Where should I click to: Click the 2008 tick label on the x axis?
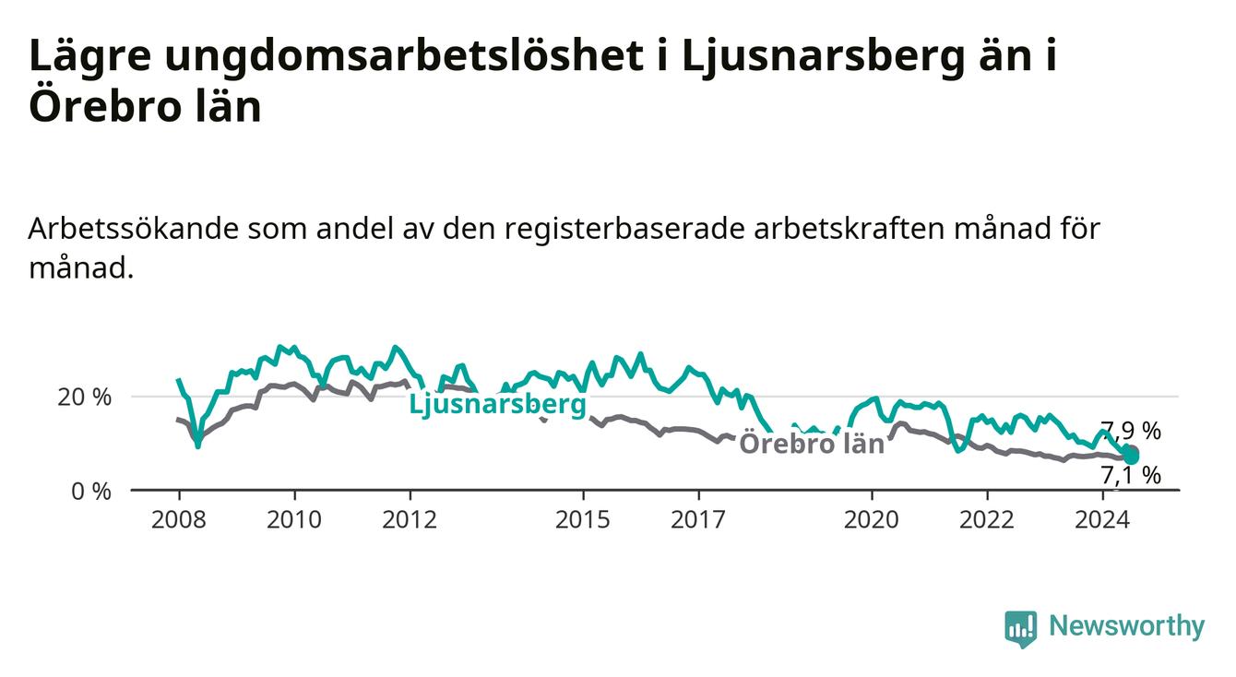(x=178, y=520)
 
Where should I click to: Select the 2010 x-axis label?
(x=294, y=520)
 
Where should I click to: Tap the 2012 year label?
(x=410, y=520)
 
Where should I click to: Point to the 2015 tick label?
(x=583, y=520)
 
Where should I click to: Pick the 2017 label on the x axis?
(x=698, y=520)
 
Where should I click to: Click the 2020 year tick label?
(x=872, y=520)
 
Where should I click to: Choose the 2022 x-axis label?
(x=987, y=520)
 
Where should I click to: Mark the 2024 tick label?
(x=1102, y=520)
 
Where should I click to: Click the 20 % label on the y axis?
(x=85, y=398)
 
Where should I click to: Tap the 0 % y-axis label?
(x=91, y=492)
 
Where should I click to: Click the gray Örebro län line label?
(x=812, y=444)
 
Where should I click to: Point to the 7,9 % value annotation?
(x=1131, y=431)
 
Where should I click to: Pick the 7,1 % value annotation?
(x=1131, y=475)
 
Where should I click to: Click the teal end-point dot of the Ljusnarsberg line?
(x=1131, y=457)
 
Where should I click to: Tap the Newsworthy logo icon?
(x=1021, y=628)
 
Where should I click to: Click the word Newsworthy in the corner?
(x=1127, y=626)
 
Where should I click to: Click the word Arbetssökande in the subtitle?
(x=133, y=229)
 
